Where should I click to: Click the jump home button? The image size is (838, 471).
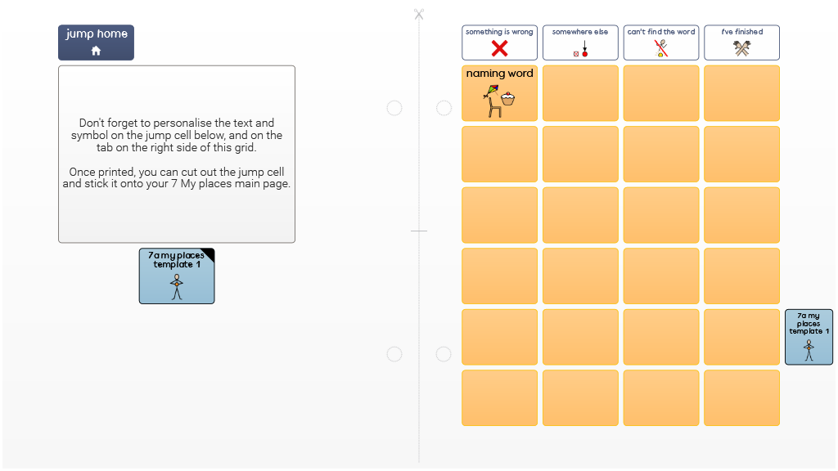click(97, 43)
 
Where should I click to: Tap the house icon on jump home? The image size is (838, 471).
click(97, 51)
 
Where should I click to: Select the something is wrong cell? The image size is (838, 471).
click(500, 43)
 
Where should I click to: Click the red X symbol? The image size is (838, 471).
click(500, 48)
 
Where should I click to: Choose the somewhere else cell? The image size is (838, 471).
click(580, 43)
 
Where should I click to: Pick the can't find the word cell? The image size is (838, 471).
click(661, 43)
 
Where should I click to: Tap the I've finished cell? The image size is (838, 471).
click(741, 43)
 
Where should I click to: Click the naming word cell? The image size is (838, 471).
click(500, 93)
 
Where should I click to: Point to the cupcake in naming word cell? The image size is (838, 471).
click(507, 98)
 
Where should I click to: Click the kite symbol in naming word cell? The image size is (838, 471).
click(491, 92)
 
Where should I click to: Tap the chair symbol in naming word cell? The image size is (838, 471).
click(495, 107)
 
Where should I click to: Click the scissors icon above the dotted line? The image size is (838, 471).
click(419, 14)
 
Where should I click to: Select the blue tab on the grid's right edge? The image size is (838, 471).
click(809, 337)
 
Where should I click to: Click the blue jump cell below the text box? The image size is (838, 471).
click(177, 276)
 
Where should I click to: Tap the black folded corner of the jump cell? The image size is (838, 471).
click(209, 253)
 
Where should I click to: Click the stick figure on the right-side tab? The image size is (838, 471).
click(809, 350)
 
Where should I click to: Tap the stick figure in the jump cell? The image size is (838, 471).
click(177, 287)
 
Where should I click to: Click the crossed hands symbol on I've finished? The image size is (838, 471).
click(741, 48)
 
